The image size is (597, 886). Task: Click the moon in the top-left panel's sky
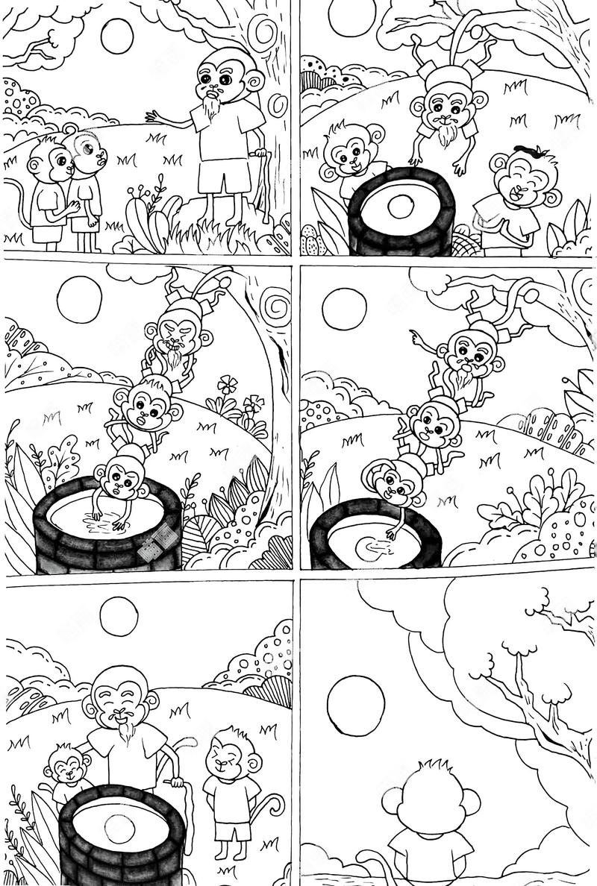(x=117, y=36)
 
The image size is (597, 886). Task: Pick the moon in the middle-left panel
(x=79, y=299)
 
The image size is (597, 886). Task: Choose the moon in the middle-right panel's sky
(x=344, y=309)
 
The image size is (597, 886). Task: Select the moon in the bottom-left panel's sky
(x=119, y=617)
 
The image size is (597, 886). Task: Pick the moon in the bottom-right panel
(x=356, y=705)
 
